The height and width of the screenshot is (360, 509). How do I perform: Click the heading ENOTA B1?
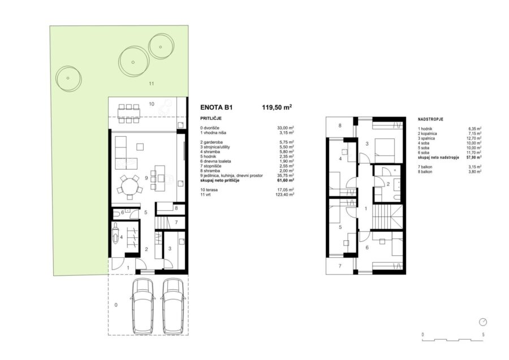[217, 108]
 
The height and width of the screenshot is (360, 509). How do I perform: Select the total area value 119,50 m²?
[277, 107]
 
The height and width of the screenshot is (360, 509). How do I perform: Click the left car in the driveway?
[142, 306]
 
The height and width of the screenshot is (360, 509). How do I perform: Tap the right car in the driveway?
[174, 306]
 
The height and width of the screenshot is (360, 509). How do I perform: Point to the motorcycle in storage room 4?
[115, 234]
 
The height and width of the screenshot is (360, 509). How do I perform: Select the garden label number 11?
[151, 84]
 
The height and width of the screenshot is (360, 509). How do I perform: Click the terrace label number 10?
[152, 104]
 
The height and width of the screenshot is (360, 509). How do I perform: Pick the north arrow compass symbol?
[483, 322]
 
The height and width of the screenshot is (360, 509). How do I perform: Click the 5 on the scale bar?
[484, 335]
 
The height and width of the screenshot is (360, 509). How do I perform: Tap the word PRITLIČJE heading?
[211, 118]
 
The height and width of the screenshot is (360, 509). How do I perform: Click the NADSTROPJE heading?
[430, 119]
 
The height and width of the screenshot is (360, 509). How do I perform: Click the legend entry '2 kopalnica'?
[427, 133]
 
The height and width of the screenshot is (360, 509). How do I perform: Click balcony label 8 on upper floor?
[340, 125]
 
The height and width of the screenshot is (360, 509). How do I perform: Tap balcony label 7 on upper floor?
[340, 266]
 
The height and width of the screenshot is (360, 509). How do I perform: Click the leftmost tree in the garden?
[68, 79]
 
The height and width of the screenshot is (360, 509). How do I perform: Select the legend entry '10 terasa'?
[209, 190]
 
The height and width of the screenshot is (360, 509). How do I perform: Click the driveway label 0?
[116, 305]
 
